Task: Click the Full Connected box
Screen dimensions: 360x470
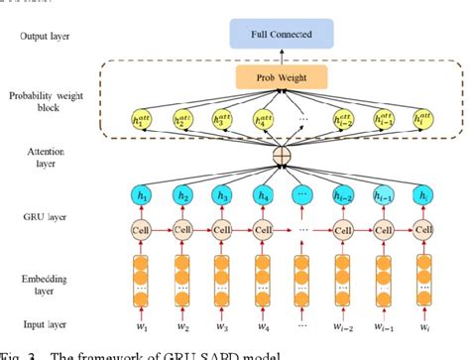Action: (287, 36)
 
